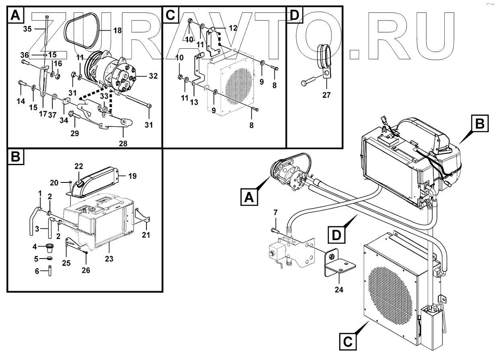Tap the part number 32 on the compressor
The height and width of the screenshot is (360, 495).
[x=141, y=75]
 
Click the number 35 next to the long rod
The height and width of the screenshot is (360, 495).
[x=27, y=29]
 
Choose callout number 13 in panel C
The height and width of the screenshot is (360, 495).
[x=194, y=103]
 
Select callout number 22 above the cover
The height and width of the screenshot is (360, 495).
[x=78, y=166]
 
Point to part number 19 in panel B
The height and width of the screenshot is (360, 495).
[x=132, y=176]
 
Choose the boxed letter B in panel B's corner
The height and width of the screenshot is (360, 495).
[x=15, y=157]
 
